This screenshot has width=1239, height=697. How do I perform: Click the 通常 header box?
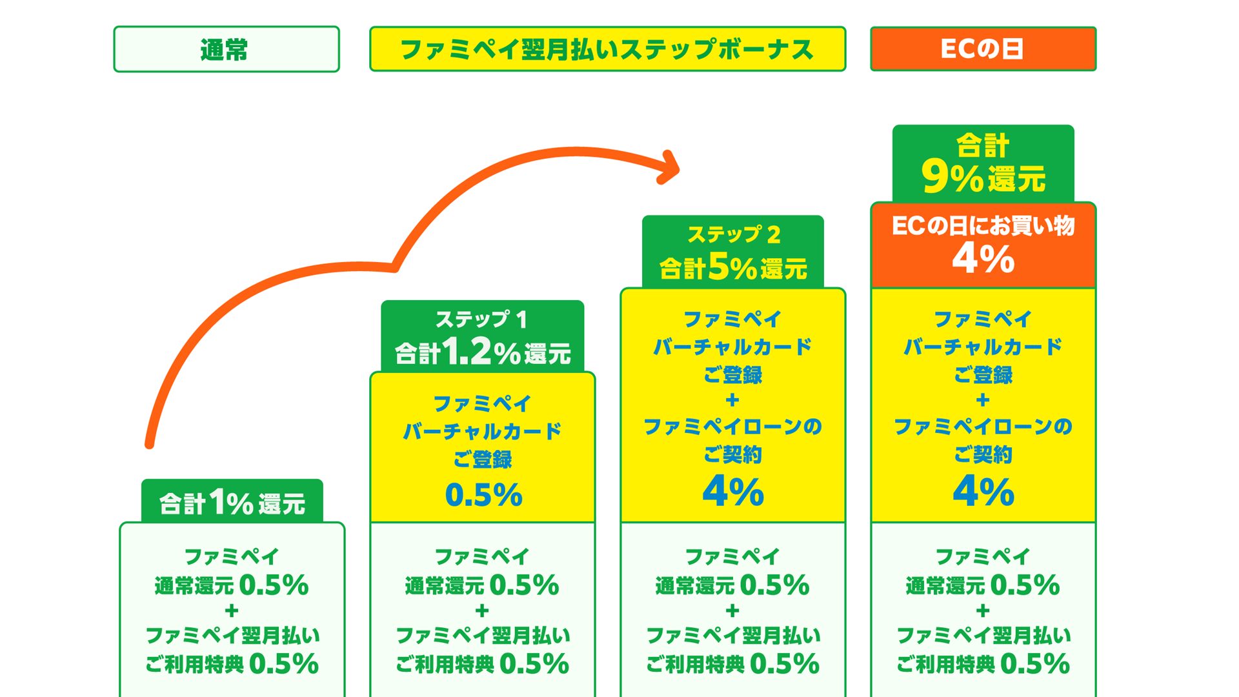pyautogui.click(x=227, y=49)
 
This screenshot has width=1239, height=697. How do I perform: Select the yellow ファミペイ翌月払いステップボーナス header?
pyautogui.click(x=607, y=49)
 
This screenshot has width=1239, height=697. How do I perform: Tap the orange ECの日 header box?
pyautogui.click(x=983, y=49)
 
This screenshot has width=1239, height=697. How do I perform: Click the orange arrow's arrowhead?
pyautogui.click(x=671, y=168)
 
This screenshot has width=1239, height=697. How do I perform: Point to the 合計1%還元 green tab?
pyautogui.click(x=232, y=501)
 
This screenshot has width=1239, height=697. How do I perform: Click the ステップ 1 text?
pyautogui.click(x=482, y=319)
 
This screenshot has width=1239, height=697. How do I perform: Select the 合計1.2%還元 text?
pyautogui.click(x=483, y=352)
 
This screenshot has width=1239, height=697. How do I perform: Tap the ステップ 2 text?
pyautogui.click(x=734, y=234)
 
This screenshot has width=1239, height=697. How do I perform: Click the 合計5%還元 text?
pyautogui.click(x=733, y=267)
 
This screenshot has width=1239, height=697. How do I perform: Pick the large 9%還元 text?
pyautogui.click(x=983, y=177)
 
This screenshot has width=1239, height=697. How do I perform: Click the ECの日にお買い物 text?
pyautogui.click(x=983, y=226)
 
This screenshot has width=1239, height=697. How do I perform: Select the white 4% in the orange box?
pyautogui.click(x=983, y=259)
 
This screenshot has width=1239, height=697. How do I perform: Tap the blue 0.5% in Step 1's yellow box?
pyautogui.click(x=483, y=495)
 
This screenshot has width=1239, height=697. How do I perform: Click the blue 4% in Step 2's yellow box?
pyautogui.click(x=733, y=491)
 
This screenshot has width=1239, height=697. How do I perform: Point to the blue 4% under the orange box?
pyautogui.click(x=983, y=491)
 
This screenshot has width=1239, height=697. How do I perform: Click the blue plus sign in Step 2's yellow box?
pyautogui.click(x=732, y=401)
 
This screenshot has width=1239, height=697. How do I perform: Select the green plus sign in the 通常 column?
pyautogui.click(x=232, y=611)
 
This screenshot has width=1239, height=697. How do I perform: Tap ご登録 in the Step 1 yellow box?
pyautogui.click(x=483, y=459)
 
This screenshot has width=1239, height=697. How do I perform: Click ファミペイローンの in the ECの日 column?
pyautogui.click(x=983, y=427)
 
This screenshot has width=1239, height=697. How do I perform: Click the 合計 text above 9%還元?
pyautogui.click(x=983, y=145)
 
